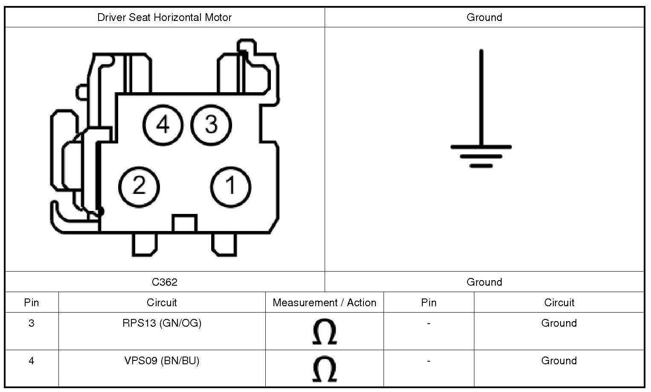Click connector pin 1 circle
231,187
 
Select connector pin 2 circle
139,187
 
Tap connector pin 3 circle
211,125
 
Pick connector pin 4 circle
163,125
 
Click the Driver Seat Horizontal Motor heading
164,18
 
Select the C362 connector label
164,282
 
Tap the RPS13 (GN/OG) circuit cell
162,323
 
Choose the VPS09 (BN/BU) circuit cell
162,361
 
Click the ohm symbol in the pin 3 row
324,332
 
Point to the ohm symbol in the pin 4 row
324,369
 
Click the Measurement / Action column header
324,303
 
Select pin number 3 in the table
32,323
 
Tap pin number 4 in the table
32,361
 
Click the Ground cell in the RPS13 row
559,323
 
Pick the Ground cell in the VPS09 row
559,361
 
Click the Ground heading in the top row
484,18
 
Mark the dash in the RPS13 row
428,323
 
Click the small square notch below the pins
184,223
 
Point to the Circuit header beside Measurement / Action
162,303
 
